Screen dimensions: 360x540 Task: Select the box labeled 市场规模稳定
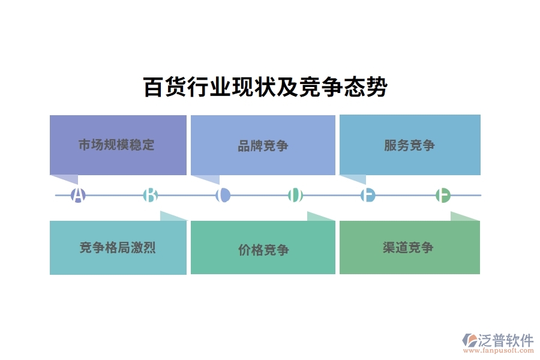pyautogui.click(x=118, y=145)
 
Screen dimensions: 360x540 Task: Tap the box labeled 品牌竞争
pyautogui.click(x=263, y=145)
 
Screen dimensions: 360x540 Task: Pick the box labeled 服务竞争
pyautogui.click(x=410, y=145)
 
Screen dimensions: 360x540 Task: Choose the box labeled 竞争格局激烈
pyautogui.click(x=118, y=247)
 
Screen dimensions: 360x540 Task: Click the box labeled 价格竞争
pyautogui.click(x=263, y=248)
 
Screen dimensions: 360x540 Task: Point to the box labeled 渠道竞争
pyautogui.click(x=410, y=247)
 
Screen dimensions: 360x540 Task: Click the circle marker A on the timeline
pyautogui.click(x=78, y=195)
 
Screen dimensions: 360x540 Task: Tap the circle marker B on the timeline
pyautogui.click(x=151, y=195)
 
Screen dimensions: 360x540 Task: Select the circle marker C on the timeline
pyautogui.click(x=223, y=195)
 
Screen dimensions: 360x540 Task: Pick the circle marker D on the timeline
pyautogui.click(x=295, y=195)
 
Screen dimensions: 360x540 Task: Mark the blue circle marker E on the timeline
pyautogui.click(x=368, y=195)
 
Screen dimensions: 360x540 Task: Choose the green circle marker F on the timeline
pyautogui.click(x=443, y=195)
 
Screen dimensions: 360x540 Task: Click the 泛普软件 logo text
pyautogui.click(x=505, y=340)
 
